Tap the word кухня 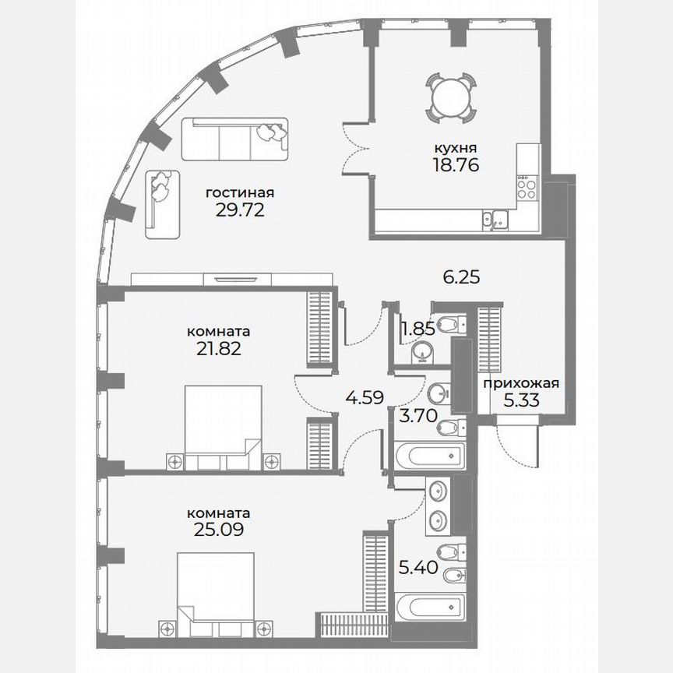[x=456, y=147]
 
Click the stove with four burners [x=527, y=187]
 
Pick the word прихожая [x=520, y=383]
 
